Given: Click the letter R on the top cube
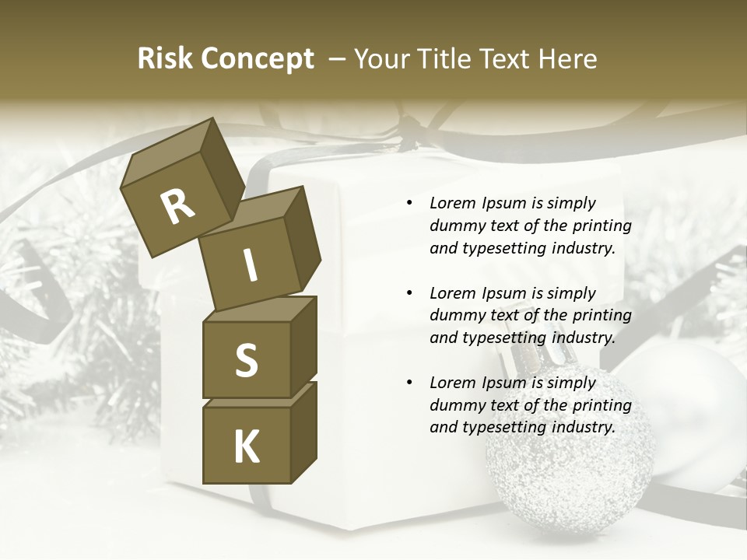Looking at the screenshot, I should tap(177, 207).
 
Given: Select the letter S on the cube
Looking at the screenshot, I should tap(246, 360).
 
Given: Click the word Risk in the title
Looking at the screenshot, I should tap(166, 58).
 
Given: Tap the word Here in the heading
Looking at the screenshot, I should tap(570, 58).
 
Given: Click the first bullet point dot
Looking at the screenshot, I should tap(409, 204).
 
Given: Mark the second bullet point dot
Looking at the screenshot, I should tap(409, 293).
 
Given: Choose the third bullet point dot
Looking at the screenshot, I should tap(409, 383).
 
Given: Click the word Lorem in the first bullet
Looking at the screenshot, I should tap(452, 203).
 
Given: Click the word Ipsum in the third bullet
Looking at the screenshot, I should tap(503, 383).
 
